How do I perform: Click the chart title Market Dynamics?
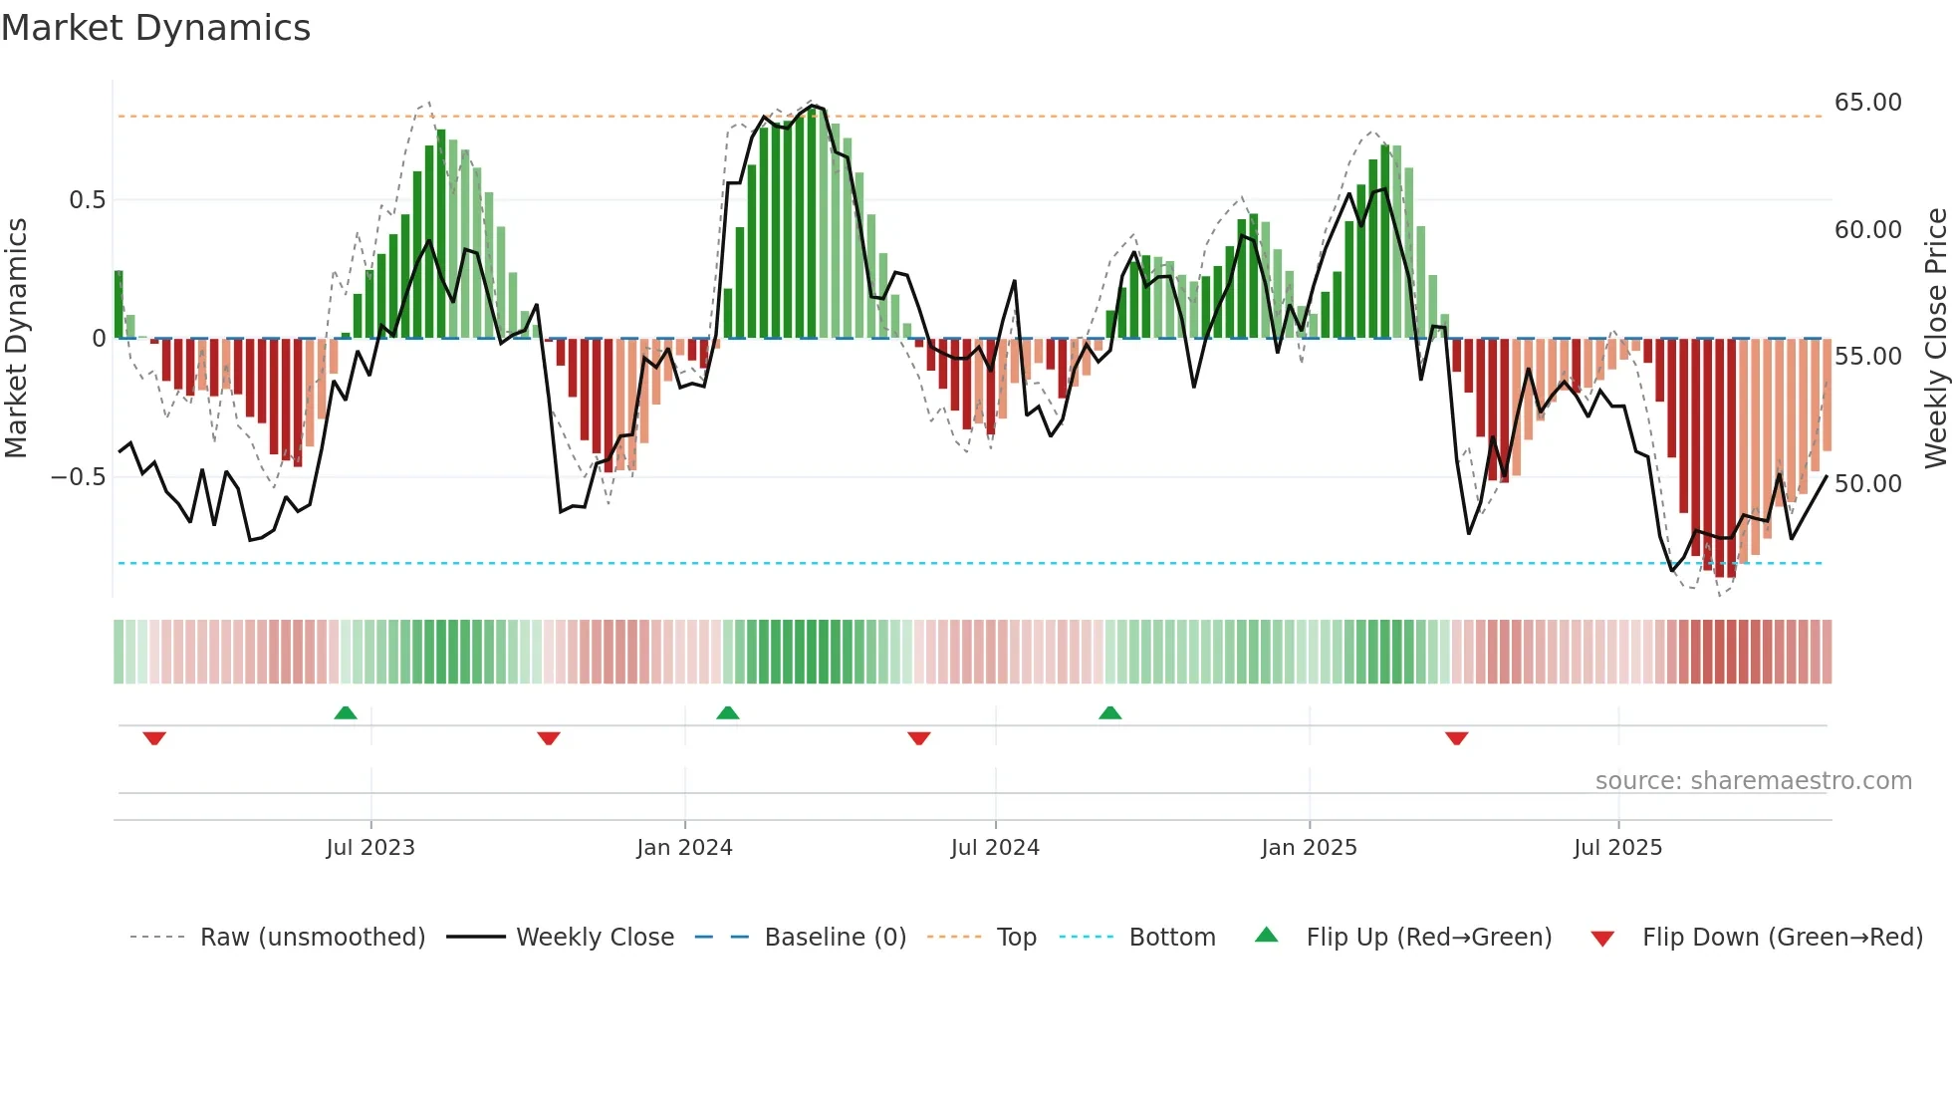[x=155, y=28]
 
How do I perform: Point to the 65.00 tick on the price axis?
[x=1867, y=103]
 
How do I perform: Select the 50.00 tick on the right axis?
[x=1867, y=484]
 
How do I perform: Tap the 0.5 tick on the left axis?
[x=87, y=200]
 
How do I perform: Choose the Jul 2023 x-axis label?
[x=369, y=848]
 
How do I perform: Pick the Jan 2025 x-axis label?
[x=1308, y=848]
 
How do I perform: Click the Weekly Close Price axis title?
[x=1935, y=338]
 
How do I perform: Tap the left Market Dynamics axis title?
[x=16, y=338]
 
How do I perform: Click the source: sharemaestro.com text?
[x=1753, y=781]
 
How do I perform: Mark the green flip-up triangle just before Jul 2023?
[x=346, y=713]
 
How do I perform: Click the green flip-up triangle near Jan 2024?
[x=728, y=713]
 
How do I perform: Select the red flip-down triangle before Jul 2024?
[x=919, y=738]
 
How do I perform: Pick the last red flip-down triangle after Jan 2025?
[x=1457, y=738]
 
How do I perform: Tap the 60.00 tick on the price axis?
[x=1867, y=230]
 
